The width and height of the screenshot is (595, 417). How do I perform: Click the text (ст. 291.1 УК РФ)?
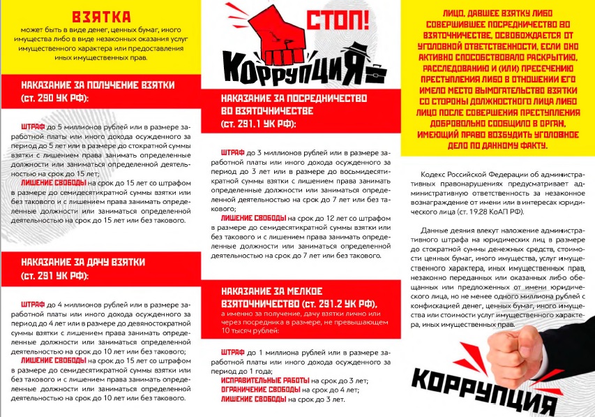pos(258,124)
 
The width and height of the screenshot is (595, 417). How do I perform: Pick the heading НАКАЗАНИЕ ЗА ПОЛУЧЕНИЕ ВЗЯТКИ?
pos(97,85)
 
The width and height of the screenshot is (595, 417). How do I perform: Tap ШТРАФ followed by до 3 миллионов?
pos(232,152)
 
